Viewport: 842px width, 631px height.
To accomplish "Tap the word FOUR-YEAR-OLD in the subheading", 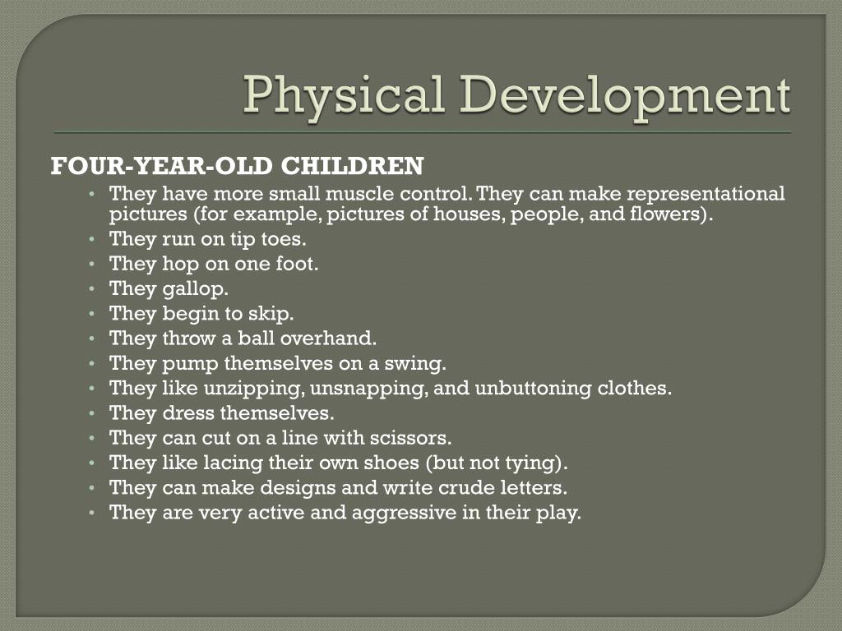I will [162, 167].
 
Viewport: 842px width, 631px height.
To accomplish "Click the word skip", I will [272, 314].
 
